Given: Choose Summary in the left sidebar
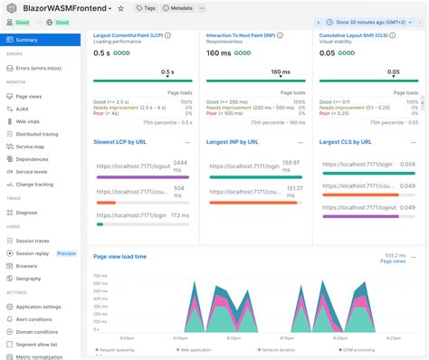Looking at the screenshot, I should click(27, 40).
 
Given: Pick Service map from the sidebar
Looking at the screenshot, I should click(32, 146).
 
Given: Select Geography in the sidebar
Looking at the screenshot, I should click(30, 279).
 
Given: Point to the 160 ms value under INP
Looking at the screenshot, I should click(220, 52).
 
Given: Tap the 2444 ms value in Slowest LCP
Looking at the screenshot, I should click(180, 163).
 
